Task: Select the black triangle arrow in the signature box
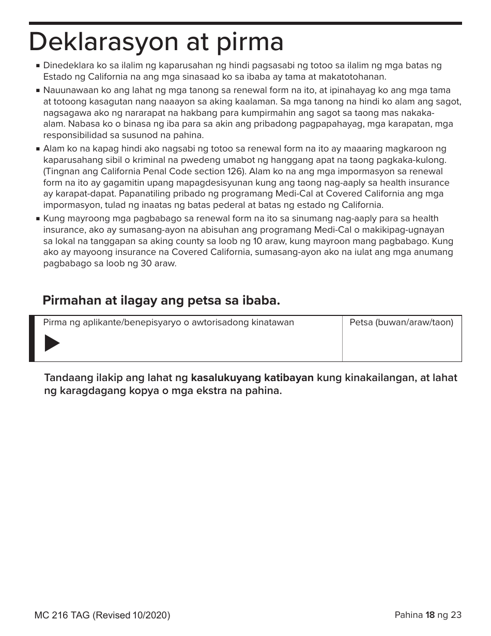coord(52,343)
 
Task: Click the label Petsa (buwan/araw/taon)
coord(401,323)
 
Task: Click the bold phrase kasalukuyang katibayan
coord(252,377)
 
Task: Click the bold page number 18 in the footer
coord(430,615)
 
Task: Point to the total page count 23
coord(456,615)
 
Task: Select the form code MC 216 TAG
coord(62,615)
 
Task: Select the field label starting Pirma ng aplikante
coord(168,323)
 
